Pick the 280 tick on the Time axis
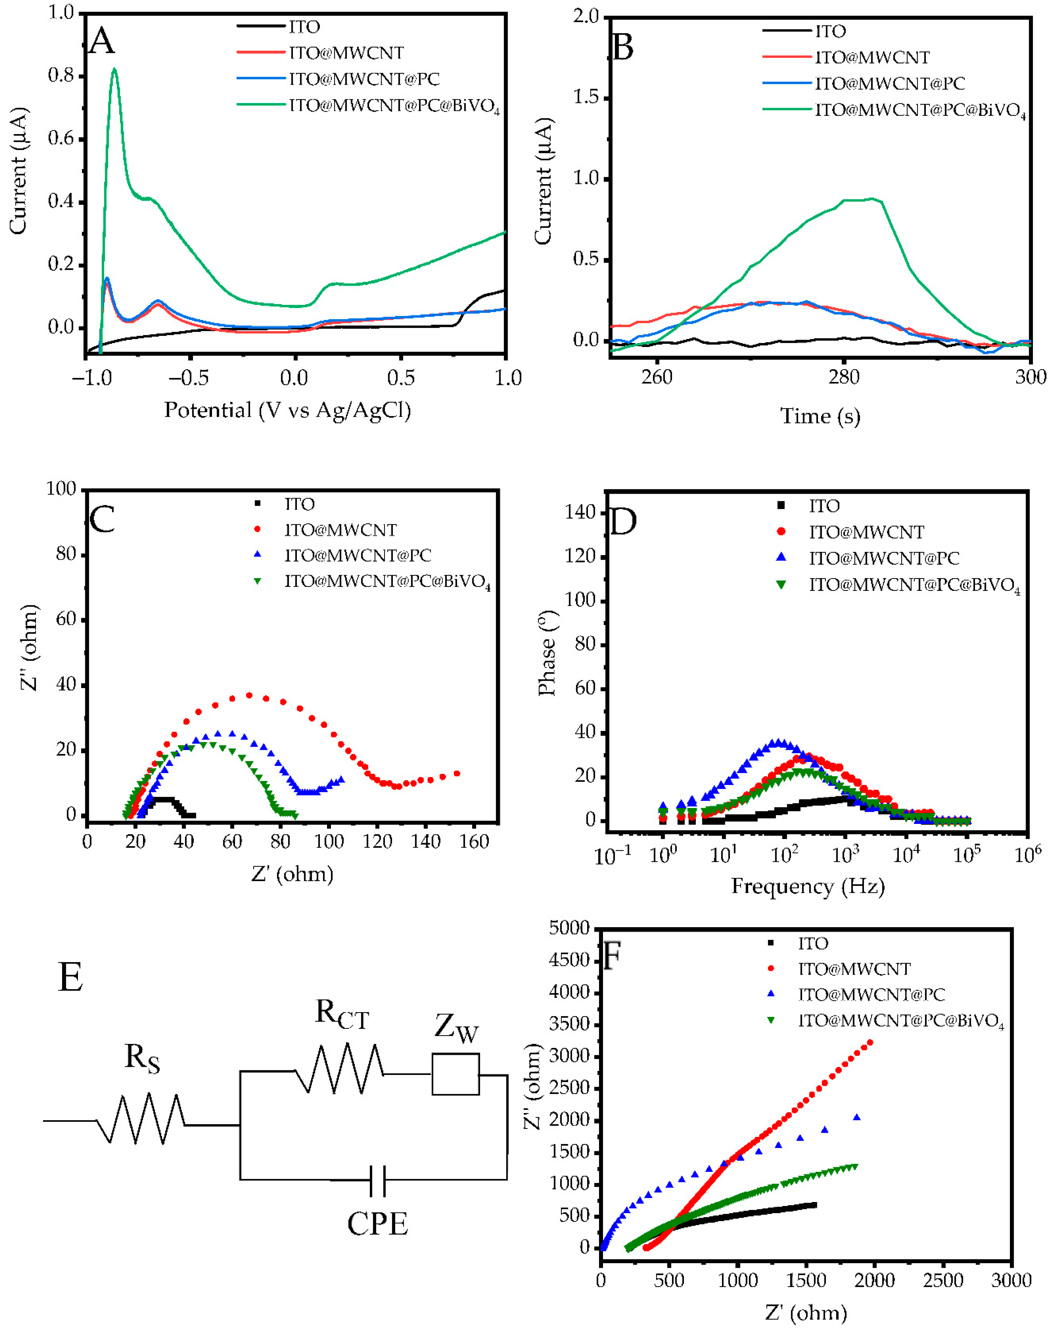844,377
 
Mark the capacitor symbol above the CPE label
377,1181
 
